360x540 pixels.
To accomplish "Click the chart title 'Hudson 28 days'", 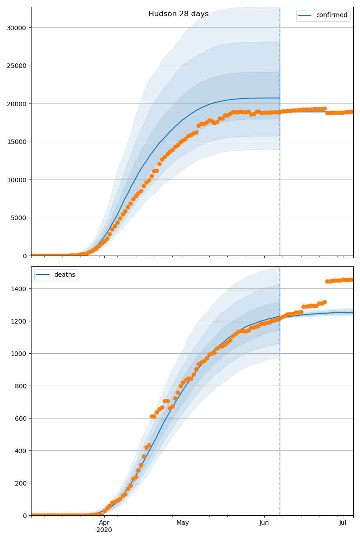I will (179, 14).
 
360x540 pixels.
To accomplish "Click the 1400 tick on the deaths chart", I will (20, 289).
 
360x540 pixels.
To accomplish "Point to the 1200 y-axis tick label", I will (20, 321).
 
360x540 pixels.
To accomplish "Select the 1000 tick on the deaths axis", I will (20, 354).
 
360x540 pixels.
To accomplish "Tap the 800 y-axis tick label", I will (22, 386).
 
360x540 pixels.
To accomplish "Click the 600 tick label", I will (22, 418).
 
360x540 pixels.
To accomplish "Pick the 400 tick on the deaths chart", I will (22, 451).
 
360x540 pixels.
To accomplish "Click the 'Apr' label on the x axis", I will (104, 523).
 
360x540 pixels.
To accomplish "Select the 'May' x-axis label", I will (182, 523).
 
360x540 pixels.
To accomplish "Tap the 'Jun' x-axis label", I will (264, 523).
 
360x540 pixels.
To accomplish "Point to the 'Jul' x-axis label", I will (343, 523).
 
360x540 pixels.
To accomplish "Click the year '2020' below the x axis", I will (104, 530).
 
